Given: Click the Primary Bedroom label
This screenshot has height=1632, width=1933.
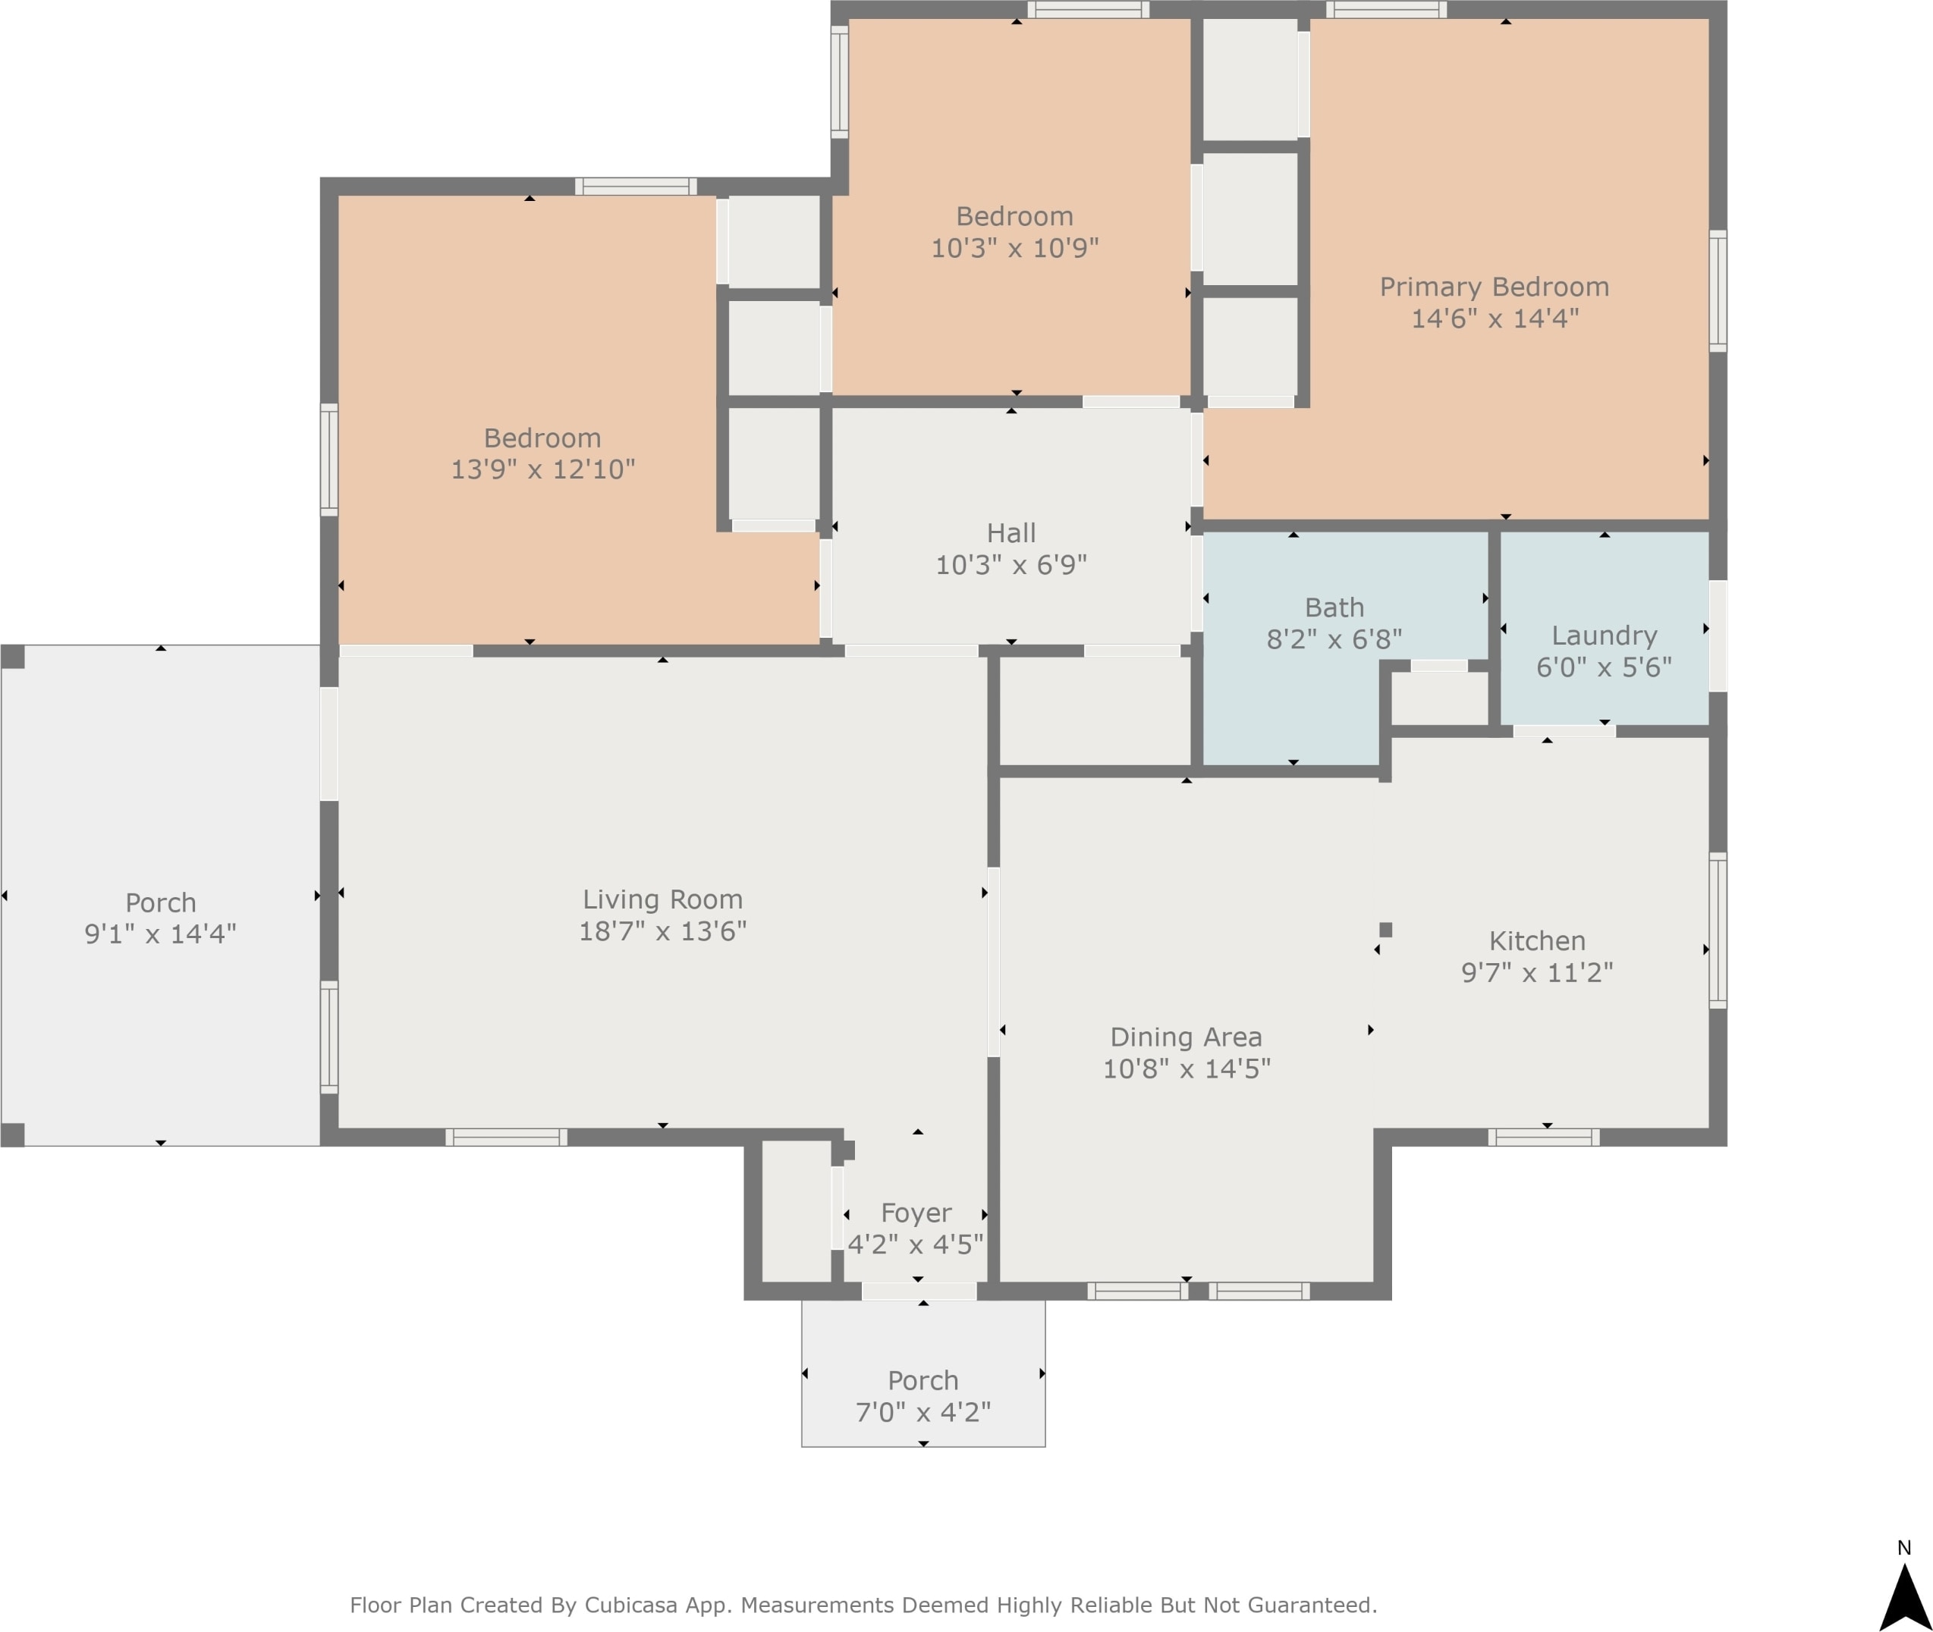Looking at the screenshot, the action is click(1495, 287).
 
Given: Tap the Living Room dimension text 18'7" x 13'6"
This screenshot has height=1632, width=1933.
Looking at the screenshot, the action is click(662, 931).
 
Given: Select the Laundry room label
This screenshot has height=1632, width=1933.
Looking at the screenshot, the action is click(1604, 636).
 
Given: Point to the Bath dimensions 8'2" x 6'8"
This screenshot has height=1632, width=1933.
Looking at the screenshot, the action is click(1334, 639).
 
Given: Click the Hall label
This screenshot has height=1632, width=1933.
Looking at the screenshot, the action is click(1011, 533).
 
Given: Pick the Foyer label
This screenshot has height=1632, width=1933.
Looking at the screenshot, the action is click(916, 1213).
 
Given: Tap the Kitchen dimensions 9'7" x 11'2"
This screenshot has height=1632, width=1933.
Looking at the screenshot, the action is click(1537, 972).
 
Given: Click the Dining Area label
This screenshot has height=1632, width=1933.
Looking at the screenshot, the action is click(1187, 1037).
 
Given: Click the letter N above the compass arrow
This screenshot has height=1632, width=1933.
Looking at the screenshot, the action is click(1904, 1548).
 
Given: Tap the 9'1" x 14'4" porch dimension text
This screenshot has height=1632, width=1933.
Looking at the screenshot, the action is click(160, 934).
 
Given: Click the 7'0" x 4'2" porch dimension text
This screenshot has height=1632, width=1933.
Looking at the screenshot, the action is click(922, 1412).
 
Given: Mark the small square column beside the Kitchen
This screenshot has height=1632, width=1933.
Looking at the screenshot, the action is click(1385, 930).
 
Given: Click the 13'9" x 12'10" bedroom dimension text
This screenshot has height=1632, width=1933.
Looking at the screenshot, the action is click(543, 469).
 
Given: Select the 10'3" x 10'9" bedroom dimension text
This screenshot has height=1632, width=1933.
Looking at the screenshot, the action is click(1015, 248).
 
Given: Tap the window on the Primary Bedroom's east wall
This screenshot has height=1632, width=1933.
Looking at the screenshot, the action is click(1718, 291).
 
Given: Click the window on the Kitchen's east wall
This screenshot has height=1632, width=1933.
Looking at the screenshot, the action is click(1718, 931).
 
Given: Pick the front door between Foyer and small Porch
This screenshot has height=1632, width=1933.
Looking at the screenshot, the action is click(919, 1291).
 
